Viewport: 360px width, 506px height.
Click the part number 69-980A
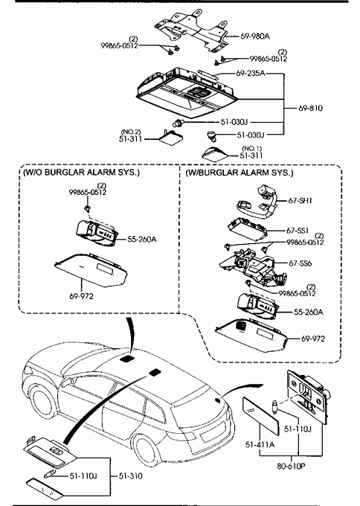[255, 36]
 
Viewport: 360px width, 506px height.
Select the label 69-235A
[251, 74]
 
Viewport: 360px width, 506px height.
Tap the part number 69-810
[310, 108]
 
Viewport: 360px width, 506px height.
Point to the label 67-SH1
[300, 200]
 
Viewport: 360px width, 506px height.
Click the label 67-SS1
[298, 231]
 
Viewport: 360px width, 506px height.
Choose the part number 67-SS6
[300, 263]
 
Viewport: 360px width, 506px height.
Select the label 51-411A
[260, 445]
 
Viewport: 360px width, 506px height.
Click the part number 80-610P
[291, 467]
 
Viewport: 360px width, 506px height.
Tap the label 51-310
[130, 476]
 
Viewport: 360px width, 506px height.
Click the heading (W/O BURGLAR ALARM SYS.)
[81, 173]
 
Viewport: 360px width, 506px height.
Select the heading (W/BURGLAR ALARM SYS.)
[240, 173]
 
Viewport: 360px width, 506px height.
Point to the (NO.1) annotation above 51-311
[252, 148]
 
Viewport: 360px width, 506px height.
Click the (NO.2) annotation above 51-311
[131, 132]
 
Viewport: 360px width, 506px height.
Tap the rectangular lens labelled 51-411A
[260, 411]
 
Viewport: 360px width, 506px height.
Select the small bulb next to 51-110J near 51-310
[48, 475]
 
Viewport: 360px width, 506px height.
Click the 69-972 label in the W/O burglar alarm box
[81, 295]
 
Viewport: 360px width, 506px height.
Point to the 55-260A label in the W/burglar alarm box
[309, 312]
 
